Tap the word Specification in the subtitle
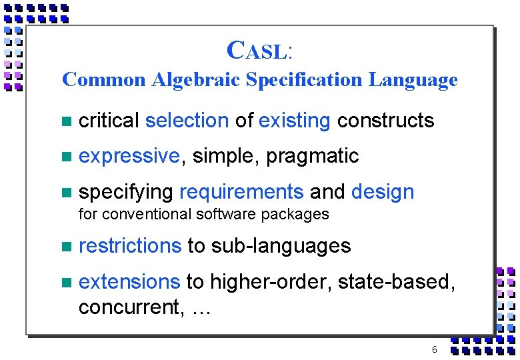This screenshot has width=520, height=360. [x=305, y=80]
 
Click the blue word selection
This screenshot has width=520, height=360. [x=187, y=121]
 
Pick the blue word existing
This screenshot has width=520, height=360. [x=295, y=121]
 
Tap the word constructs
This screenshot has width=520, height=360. [x=386, y=121]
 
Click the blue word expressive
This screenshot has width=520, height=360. [x=129, y=157]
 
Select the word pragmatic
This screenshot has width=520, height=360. [x=313, y=157]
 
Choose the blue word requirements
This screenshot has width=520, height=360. [x=241, y=193]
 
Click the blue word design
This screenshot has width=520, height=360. [x=383, y=193]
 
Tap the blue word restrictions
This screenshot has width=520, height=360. [x=130, y=246]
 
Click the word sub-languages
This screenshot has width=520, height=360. [x=281, y=246]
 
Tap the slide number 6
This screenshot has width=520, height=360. [x=435, y=350]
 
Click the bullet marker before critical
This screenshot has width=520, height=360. [x=65, y=121]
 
